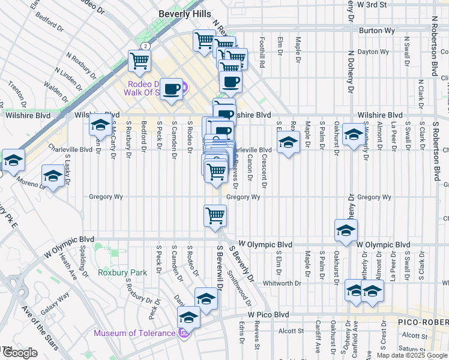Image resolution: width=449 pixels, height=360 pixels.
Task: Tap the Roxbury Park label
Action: click(122, 272)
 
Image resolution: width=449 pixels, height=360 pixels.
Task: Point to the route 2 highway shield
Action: click(145, 46)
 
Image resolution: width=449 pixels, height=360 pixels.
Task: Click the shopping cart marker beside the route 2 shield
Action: click(139, 60)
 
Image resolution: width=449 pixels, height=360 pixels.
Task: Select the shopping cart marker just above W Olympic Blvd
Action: click(215, 215)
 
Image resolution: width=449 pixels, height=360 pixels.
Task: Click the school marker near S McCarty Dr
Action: click(100, 125)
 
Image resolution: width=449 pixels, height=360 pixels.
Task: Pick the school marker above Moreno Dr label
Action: click(53, 176)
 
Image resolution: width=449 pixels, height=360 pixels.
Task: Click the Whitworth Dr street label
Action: click(282, 283)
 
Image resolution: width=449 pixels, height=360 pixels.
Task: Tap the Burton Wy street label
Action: click(375, 29)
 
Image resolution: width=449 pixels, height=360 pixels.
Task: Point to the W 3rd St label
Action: click(376, 4)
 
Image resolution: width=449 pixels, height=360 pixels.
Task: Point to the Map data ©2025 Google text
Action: click(411, 355)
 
